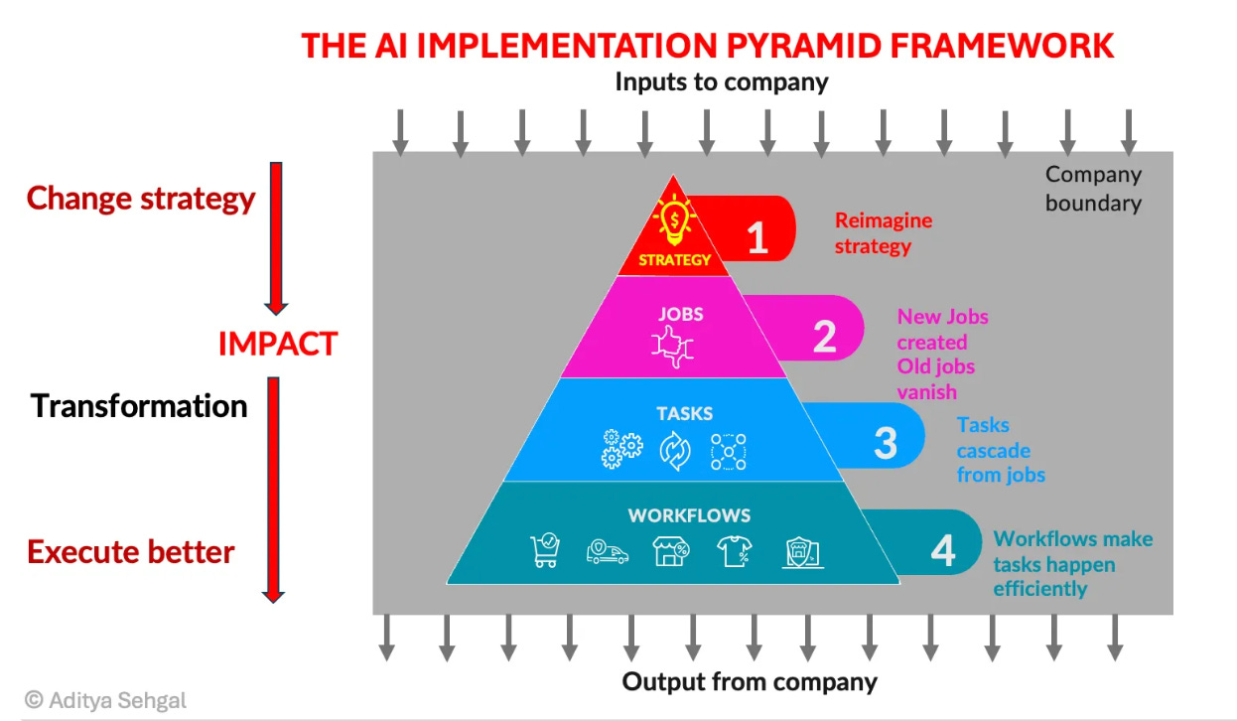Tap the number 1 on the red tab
pos(757,238)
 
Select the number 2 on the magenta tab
pos(825,337)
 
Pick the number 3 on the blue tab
pos(886,443)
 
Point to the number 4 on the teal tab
pos(943,550)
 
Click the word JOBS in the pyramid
pos(681,314)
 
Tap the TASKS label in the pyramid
pos(684,413)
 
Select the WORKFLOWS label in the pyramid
pos(689,515)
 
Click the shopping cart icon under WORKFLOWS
pos(545,551)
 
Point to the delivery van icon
pos(608,551)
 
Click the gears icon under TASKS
pos(621,450)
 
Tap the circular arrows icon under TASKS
pos(674,450)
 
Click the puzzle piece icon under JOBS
pos(672,351)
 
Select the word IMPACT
pos(278,344)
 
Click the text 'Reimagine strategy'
pos(883,233)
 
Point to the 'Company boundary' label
pos(1093,189)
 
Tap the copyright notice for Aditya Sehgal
pos(105,700)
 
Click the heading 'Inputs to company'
pos(721,81)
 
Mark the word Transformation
pos(139,406)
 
